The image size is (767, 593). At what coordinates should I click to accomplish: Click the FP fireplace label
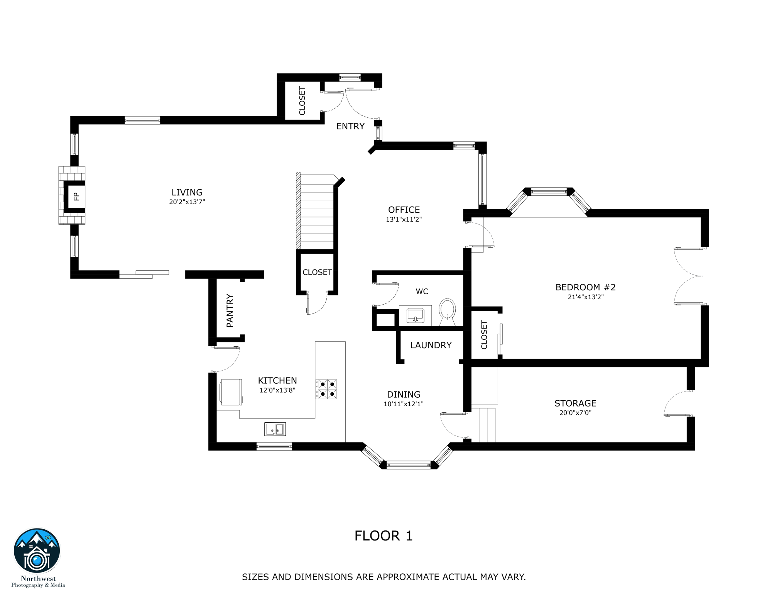pos(76,197)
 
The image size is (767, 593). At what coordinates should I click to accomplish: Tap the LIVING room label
pos(187,192)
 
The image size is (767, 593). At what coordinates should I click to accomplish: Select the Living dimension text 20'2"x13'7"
pos(187,202)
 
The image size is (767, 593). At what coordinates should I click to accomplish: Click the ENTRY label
pos(350,126)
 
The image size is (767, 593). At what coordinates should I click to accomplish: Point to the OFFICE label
pos(404,210)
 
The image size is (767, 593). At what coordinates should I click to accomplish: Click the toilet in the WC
pos(448,312)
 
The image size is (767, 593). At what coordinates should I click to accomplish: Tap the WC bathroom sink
pos(415,315)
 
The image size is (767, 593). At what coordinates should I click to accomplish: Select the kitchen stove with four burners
pos(326,389)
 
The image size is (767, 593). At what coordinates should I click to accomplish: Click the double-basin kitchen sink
pos(275,429)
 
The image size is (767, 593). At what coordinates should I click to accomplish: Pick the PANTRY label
pos(230,311)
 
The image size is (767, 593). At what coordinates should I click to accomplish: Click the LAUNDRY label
pos(431,345)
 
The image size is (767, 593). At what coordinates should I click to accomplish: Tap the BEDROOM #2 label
pos(586,287)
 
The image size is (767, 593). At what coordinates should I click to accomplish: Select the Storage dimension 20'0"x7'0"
pos(576,413)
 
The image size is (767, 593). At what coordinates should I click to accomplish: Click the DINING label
pos(404,395)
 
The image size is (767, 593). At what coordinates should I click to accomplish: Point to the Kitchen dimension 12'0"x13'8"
pos(277,390)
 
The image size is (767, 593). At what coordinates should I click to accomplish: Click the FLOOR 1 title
pos(383,536)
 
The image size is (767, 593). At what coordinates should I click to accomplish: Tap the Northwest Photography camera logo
pos(37,551)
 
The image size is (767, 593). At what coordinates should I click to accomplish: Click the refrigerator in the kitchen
pos(231,392)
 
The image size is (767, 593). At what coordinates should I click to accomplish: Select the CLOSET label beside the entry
pos(302,101)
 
